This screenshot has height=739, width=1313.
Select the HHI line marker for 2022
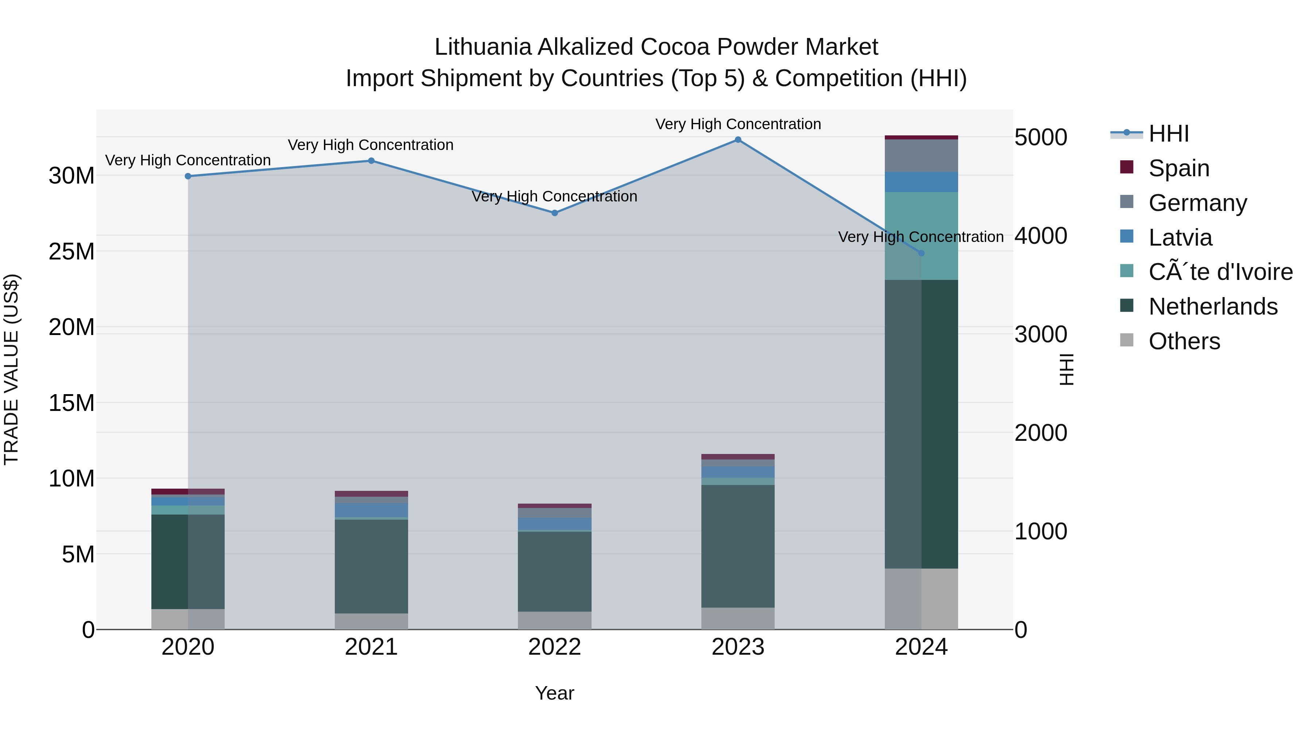point(554,213)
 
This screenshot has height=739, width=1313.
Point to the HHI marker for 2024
point(921,253)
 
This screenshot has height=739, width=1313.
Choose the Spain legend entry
point(1178,168)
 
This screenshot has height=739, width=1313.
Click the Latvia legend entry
point(1180,238)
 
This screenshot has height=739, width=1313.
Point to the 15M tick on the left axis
point(71,403)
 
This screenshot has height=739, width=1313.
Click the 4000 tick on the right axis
point(1040,236)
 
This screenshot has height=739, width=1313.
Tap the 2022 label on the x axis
point(554,647)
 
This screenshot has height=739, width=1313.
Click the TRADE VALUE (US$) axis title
point(11,369)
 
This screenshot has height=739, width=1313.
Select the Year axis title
point(554,693)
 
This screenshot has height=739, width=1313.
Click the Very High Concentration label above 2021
point(371,145)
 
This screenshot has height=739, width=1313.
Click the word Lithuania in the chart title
point(482,47)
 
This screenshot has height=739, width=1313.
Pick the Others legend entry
point(1184,341)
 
